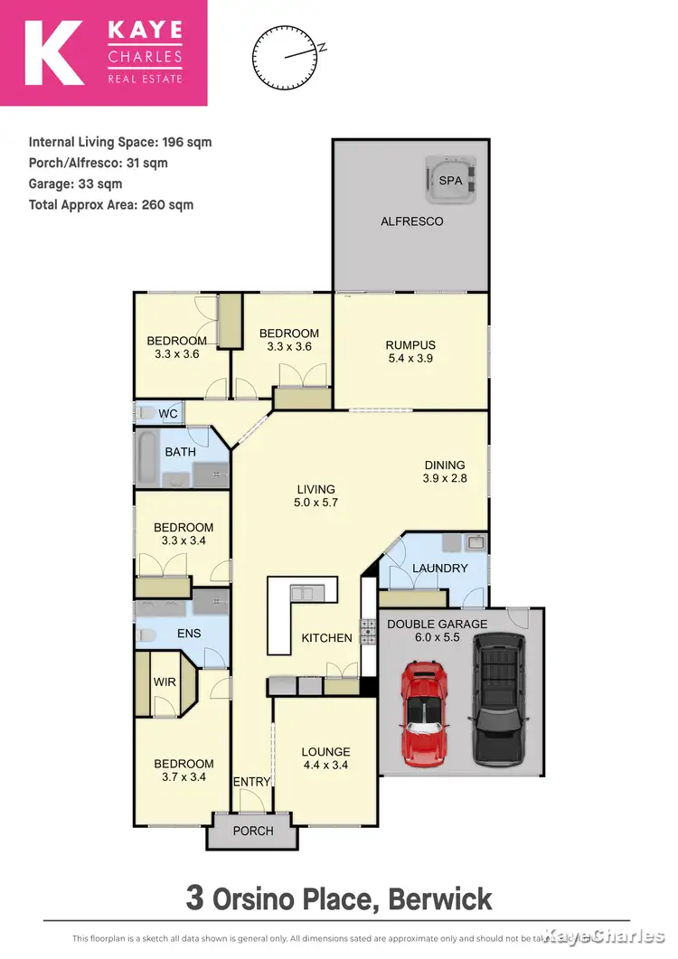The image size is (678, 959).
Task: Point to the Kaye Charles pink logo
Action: coord(104,53)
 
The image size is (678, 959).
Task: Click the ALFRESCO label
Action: coord(412,221)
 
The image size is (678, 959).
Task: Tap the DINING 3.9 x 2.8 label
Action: coord(445,472)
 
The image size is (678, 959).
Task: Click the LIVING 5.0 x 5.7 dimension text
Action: coord(315,503)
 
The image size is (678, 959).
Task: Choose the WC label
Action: coord(168,414)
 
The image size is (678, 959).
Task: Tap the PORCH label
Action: coord(253,831)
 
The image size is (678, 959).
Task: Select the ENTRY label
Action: coord(252,782)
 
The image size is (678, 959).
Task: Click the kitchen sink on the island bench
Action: coord(302,593)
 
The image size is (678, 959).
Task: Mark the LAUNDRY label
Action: coord(440,569)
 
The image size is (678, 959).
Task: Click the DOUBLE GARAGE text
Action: coord(437,625)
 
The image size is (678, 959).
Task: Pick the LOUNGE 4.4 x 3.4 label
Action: coord(325,758)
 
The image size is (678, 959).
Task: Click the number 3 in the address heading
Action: coord(194,898)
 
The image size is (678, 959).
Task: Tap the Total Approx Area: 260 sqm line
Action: coord(111,205)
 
